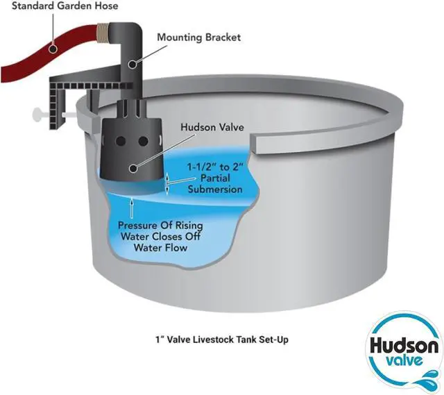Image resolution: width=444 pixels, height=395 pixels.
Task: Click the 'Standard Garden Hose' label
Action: (65, 6)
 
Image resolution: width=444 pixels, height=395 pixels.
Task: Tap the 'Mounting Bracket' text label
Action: (199, 37)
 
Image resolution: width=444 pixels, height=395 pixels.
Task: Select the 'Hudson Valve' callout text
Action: (212, 127)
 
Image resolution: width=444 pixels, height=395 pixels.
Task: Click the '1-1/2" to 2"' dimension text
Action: (216, 167)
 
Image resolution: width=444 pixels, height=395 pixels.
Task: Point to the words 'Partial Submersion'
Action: (215, 184)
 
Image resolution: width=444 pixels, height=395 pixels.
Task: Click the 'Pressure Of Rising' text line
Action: (160, 226)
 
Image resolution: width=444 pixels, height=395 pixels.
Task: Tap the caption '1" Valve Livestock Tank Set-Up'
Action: (222, 339)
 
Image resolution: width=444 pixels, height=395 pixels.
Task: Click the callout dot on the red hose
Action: (53, 49)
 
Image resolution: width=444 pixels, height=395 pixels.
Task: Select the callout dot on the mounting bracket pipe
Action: (132, 65)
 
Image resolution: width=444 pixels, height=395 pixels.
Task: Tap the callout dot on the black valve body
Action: (133, 169)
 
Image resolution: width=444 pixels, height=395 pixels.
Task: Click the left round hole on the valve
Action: (121, 141)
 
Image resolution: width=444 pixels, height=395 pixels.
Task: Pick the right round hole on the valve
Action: (144, 141)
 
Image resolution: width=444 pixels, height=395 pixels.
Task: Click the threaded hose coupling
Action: (104, 35)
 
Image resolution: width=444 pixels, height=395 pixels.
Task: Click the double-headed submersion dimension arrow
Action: (167, 184)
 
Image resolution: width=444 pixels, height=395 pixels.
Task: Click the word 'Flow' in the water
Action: (176, 248)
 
